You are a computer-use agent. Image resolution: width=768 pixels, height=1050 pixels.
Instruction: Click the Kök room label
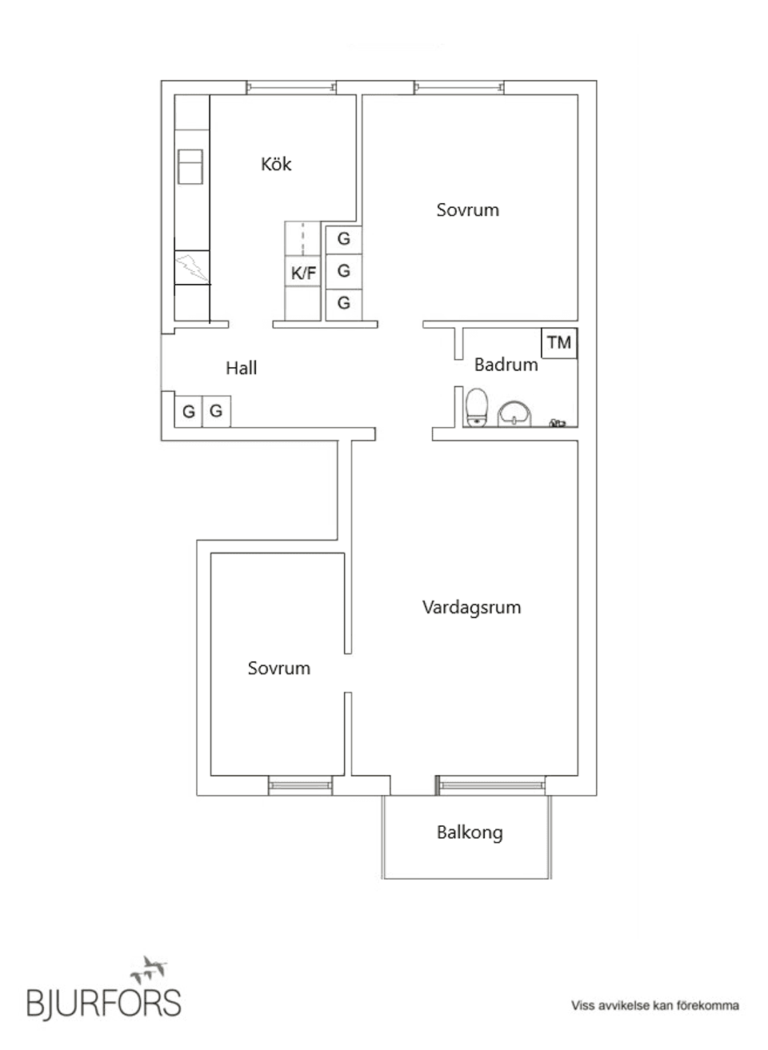276,164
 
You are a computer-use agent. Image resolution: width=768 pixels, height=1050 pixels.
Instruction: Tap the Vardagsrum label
471,607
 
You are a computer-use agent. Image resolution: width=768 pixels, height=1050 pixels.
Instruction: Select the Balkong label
470,832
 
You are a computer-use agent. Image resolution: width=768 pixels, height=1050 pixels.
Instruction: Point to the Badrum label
506,365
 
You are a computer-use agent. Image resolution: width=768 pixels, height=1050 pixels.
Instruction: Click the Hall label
241,368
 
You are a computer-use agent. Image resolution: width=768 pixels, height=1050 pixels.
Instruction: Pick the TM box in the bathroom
559,342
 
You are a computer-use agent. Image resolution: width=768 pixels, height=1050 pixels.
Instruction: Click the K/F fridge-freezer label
303,273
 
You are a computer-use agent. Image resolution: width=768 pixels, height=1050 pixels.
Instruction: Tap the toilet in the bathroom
477,406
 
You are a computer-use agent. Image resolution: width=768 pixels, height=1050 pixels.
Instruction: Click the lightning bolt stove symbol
191,267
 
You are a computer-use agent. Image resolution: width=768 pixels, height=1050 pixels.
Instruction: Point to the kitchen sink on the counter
190,166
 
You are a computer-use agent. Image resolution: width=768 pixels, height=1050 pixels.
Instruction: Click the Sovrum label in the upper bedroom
467,210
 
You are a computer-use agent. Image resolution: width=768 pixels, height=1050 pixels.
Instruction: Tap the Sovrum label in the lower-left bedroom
278,669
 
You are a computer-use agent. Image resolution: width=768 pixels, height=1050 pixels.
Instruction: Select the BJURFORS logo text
104,1002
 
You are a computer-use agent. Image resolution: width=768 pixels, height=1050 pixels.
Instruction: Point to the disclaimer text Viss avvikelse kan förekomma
654,1005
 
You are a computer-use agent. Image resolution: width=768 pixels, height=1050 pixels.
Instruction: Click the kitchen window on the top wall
290,87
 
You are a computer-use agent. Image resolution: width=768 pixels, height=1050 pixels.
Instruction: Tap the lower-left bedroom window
300,786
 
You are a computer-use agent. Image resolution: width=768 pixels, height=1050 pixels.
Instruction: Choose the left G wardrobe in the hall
189,412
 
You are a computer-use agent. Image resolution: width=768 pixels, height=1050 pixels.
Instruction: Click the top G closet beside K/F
343,238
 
